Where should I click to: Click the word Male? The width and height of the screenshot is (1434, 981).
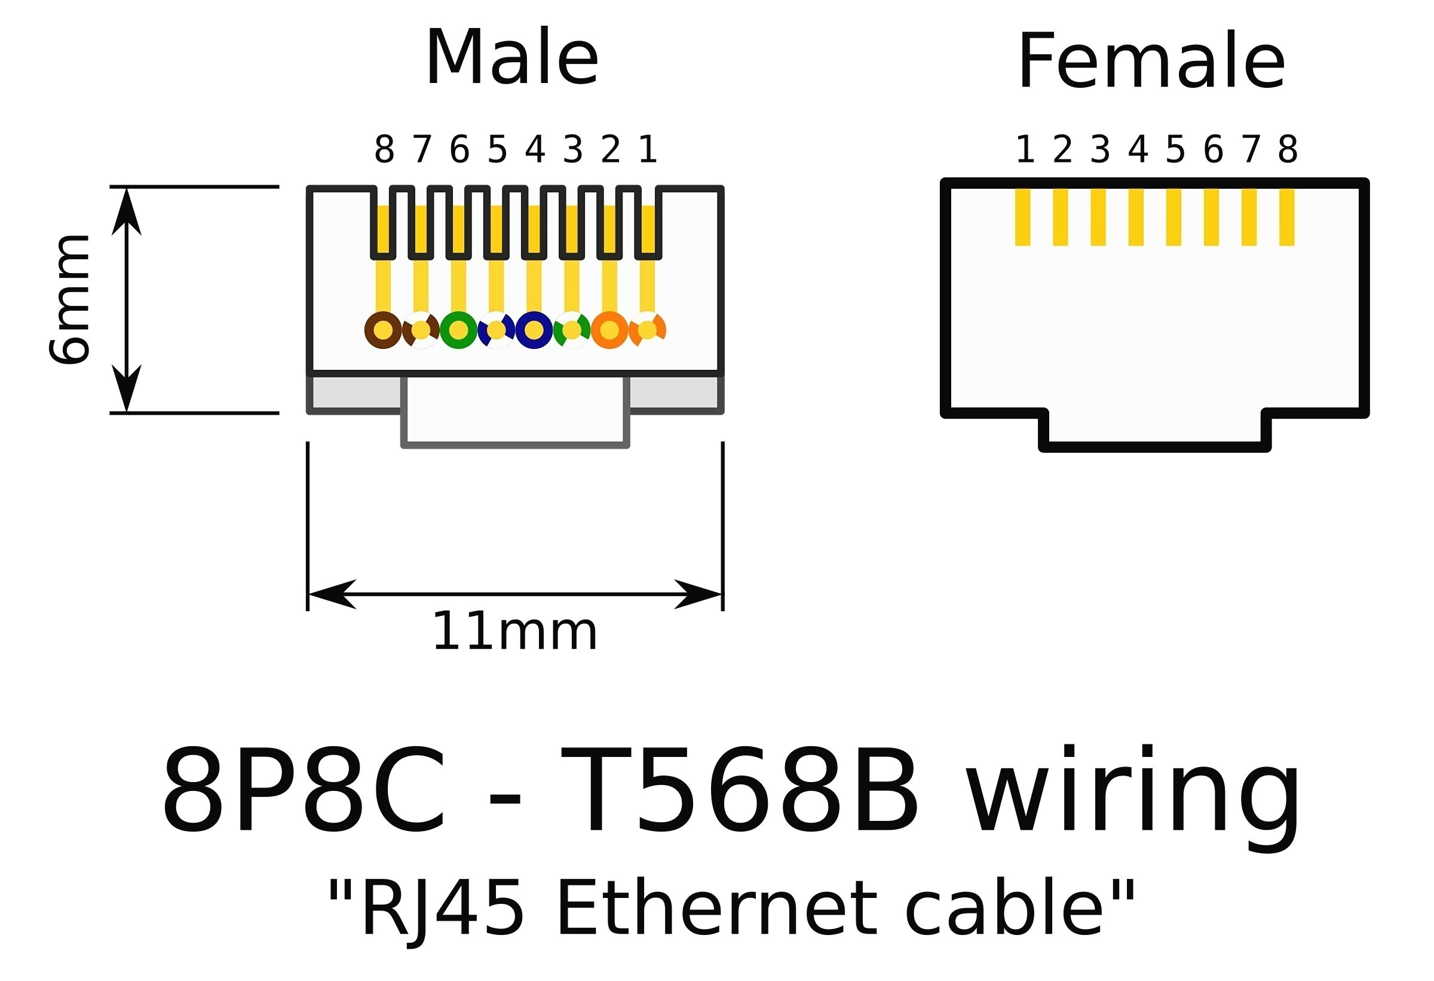(x=511, y=59)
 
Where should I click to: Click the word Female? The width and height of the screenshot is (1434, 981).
(x=1151, y=62)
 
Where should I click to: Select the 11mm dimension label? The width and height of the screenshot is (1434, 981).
(x=514, y=633)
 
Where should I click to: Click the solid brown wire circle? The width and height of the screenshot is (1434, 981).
(x=383, y=330)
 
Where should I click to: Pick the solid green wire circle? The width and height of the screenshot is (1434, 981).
(x=458, y=330)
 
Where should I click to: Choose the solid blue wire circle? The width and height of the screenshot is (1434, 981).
(x=534, y=330)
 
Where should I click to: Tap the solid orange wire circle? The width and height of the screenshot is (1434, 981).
(x=609, y=330)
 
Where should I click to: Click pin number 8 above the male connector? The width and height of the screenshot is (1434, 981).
(x=384, y=150)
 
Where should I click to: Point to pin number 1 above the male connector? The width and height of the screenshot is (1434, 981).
(x=647, y=150)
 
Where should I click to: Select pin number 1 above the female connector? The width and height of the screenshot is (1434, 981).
(x=1025, y=150)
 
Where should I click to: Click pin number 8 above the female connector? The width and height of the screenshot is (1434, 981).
(x=1288, y=150)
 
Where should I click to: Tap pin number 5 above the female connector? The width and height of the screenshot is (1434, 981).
(x=1175, y=150)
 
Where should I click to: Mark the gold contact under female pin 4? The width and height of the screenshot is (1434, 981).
(x=1136, y=217)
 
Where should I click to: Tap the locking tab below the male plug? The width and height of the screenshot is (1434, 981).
(x=515, y=410)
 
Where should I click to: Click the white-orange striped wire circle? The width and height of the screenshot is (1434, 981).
(x=647, y=330)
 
